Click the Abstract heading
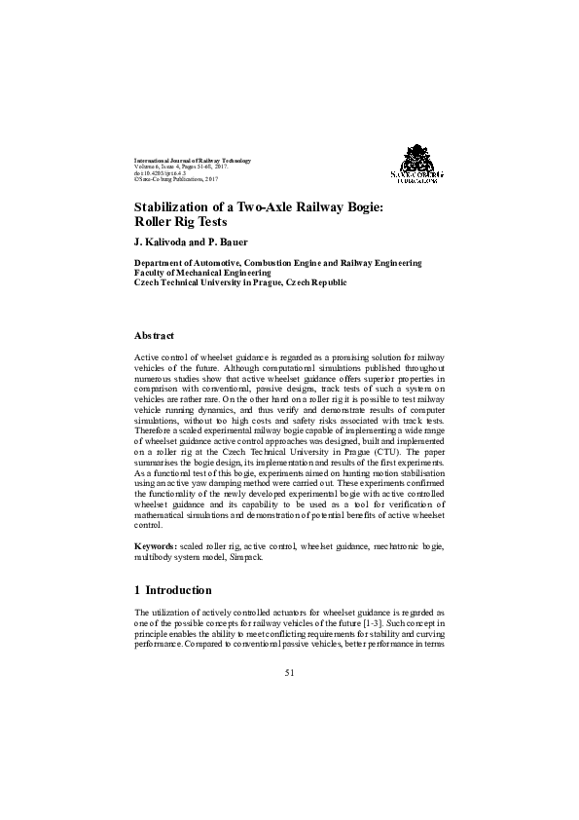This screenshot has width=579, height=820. pos(154,335)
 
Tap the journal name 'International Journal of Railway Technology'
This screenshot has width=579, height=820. pos(192,160)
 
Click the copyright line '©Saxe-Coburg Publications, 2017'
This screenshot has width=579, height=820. pos(176,180)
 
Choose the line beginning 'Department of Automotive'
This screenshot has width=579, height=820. pos(277,263)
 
